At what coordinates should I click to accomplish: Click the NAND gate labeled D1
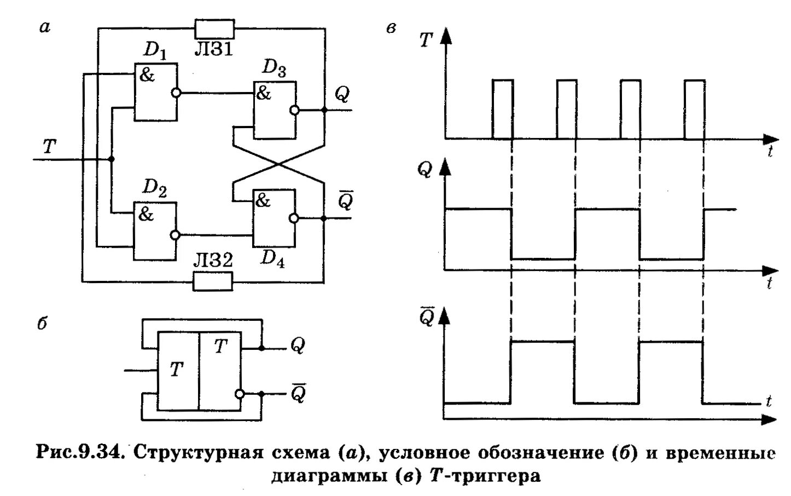(155, 92)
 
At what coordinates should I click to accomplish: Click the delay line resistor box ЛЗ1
(214, 28)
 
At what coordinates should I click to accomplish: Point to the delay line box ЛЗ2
(213, 282)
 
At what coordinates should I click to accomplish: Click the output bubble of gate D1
(175, 93)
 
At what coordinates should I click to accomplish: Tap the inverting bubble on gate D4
(294, 218)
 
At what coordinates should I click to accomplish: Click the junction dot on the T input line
(112, 159)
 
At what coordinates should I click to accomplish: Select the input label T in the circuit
(49, 146)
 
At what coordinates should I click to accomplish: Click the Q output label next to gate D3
(341, 95)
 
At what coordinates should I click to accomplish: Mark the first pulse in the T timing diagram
(502, 109)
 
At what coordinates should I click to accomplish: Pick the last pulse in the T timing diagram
(694, 109)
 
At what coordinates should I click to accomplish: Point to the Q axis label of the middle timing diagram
(424, 170)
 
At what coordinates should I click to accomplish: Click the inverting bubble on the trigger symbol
(239, 394)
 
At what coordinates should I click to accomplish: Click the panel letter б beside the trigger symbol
(43, 324)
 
